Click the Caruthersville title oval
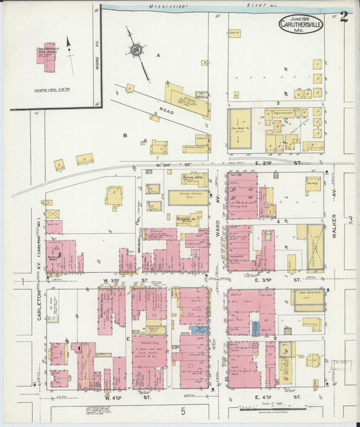301,24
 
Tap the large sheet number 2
344,17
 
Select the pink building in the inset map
47,57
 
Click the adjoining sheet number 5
182,410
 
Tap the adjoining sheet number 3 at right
350,220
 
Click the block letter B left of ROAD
125,135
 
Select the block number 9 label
276,337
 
